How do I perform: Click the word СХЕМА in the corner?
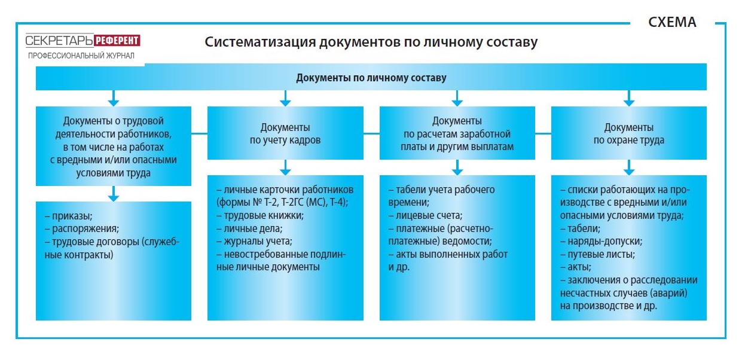click(672, 22)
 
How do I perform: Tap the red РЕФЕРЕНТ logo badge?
click(117, 41)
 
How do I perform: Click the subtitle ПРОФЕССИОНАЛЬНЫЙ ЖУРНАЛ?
click(81, 56)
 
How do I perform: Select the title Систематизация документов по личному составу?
click(371, 42)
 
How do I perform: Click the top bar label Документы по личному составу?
click(371, 78)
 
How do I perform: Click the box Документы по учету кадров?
click(285, 133)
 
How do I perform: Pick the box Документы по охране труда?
click(629, 133)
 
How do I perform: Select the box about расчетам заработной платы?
click(457, 133)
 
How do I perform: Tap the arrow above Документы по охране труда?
click(629, 98)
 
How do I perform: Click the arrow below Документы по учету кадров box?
click(285, 167)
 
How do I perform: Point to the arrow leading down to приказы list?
click(114, 194)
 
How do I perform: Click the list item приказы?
click(69, 216)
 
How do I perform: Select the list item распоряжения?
click(82, 228)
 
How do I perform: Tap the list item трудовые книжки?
click(260, 216)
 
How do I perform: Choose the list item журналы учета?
click(255, 241)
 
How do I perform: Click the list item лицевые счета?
click(425, 216)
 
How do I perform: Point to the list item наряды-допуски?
click(602, 241)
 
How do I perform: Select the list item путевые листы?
click(598, 254)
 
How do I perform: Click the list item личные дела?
click(249, 228)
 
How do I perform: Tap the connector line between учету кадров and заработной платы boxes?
click(371, 134)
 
